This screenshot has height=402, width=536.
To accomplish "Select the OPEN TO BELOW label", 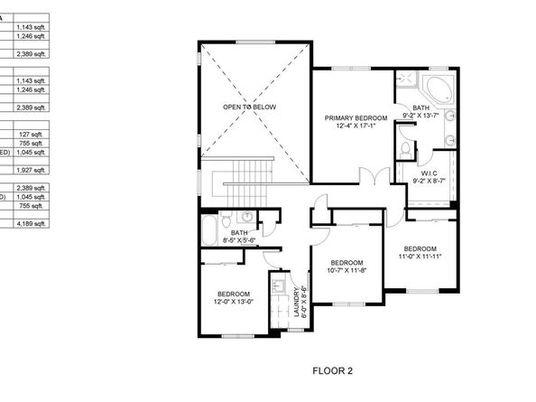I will (250, 107).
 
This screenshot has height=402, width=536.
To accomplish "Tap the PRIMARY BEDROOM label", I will (356, 118).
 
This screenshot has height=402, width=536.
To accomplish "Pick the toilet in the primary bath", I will (405, 148).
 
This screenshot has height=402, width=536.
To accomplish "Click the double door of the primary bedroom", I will (368, 176).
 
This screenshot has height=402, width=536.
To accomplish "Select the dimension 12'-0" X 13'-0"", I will (234, 302).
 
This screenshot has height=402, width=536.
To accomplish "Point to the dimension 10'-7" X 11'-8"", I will (345, 270).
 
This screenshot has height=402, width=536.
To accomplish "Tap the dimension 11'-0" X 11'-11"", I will (420, 257).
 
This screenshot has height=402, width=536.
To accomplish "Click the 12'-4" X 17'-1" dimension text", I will (356, 126).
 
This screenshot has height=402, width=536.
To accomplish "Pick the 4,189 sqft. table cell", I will (32, 223).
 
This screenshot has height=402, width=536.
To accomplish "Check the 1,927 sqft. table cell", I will (32, 170).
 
